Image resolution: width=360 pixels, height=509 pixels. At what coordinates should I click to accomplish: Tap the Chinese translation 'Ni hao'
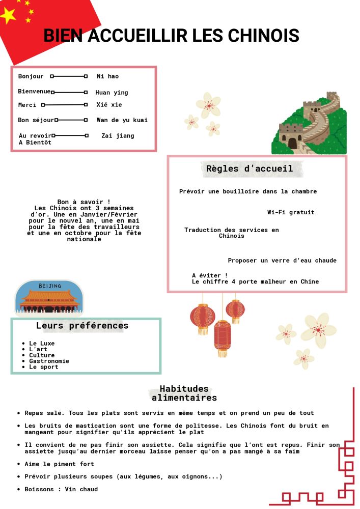click(x=107, y=76)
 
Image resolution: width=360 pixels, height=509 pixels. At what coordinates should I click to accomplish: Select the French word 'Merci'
click(x=27, y=105)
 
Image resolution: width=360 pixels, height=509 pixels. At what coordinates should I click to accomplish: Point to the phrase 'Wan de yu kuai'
click(x=122, y=120)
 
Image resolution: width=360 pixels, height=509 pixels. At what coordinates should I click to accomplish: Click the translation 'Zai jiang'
click(x=118, y=136)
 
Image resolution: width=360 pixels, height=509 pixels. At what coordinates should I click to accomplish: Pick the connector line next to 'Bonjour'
click(x=69, y=76)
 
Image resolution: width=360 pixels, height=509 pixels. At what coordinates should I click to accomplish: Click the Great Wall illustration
click(x=309, y=125)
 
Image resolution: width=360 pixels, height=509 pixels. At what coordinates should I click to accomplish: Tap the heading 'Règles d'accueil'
click(x=250, y=168)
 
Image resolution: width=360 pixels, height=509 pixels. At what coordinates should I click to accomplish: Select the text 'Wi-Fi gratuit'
click(x=291, y=212)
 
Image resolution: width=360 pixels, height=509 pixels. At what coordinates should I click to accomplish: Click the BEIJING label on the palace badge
click(x=49, y=286)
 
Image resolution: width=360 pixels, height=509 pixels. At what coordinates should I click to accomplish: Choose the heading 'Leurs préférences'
click(x=82, y=326)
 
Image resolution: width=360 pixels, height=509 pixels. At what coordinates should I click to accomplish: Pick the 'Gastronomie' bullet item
click(x=49, y=361)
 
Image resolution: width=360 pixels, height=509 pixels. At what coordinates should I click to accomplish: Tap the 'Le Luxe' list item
click(x=42, y=344)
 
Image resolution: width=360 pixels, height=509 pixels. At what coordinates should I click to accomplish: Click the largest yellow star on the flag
click(x=8, y=16)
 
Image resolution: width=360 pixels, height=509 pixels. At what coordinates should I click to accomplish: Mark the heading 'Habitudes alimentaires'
click(x=184, y=393)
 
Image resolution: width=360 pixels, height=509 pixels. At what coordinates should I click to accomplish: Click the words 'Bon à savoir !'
click(x=84, y=202)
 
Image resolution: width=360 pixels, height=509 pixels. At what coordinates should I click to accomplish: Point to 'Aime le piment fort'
click(x=59, y=464)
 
